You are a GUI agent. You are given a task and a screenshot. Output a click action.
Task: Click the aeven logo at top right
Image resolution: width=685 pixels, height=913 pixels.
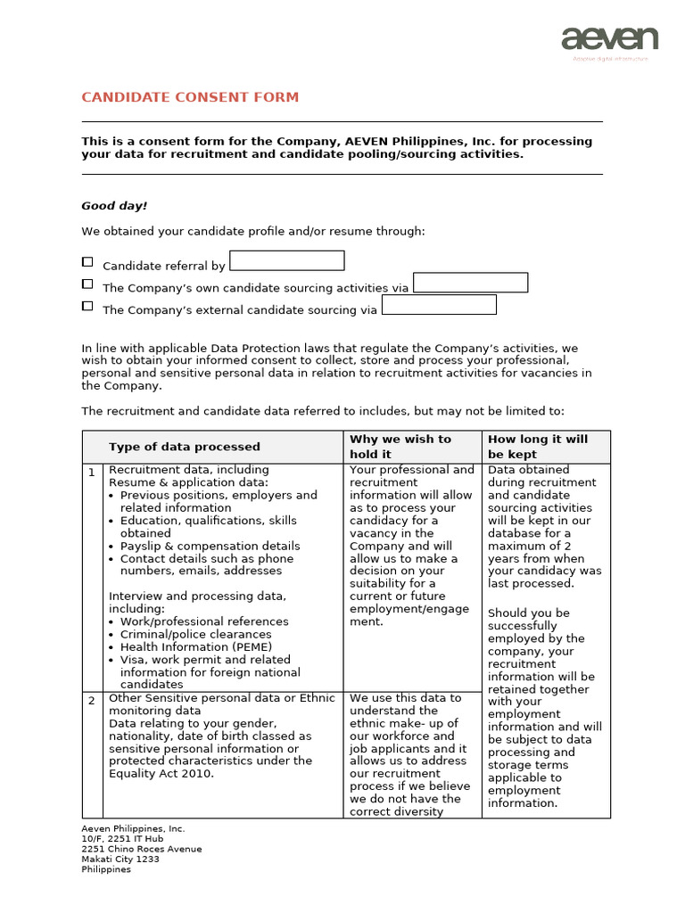[609, 40]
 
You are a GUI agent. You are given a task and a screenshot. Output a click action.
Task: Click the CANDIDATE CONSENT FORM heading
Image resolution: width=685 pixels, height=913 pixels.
[190, 97]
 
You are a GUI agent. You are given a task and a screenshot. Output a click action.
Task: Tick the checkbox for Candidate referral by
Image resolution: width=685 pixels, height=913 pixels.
[87, 262]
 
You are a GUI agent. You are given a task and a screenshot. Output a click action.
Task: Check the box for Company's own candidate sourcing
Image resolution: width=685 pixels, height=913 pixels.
[87, 284]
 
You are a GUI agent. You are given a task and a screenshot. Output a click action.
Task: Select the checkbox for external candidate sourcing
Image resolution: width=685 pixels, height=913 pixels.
[87, 306]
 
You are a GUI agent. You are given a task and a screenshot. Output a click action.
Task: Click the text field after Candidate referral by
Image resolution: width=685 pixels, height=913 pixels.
[286, 260]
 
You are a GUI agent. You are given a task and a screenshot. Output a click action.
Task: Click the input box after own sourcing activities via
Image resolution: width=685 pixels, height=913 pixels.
[471, 283]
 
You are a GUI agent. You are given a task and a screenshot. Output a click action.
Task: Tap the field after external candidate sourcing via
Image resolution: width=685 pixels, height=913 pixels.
[439, 305]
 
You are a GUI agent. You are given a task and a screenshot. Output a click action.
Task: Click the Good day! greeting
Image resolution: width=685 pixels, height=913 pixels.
[114, 206]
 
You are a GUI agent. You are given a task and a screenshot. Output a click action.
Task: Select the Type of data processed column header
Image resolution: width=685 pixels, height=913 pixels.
[185, 447]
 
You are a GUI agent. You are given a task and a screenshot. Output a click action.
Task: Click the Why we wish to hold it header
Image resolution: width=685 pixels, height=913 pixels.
[400, 447]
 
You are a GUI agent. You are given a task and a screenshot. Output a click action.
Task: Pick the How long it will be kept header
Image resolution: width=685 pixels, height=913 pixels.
[538, 447]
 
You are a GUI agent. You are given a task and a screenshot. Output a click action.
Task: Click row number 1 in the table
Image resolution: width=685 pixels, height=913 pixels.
[92, 472]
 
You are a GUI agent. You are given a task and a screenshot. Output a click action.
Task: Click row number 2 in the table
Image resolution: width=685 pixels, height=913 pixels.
[92, 701]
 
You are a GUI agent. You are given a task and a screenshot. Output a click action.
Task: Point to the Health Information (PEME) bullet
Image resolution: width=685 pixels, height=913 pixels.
[196, 647]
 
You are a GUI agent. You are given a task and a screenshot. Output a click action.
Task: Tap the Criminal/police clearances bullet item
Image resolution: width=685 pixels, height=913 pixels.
[197, 635]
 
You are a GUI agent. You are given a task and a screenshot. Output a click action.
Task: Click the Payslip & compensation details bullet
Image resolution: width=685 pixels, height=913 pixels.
[210, 547]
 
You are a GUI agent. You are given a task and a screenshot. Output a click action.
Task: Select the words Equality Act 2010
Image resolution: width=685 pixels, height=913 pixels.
[161, 774]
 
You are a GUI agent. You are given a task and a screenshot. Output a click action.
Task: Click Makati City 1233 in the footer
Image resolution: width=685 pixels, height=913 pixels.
[120, 860]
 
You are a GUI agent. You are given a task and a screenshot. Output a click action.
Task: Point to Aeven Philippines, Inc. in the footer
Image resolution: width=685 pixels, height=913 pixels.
[134, 829]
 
